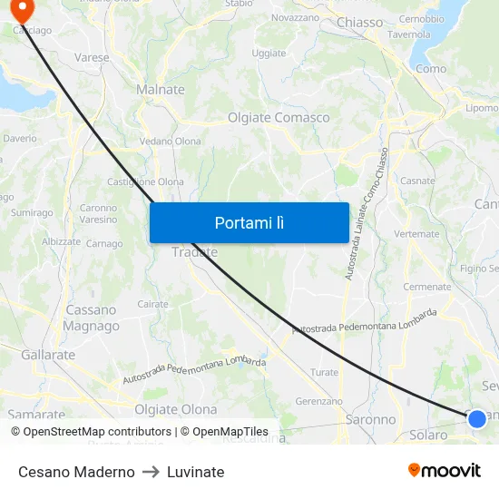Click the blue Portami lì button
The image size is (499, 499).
pos(249,222)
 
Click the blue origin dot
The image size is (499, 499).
pos(476,418)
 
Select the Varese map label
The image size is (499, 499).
pos(92,57)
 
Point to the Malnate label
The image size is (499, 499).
pos(160,89)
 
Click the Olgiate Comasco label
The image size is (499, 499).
pos(279,118)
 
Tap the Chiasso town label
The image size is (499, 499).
pos(359,22)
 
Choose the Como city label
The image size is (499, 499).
pos(430,68)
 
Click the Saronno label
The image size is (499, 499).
pos(370,420)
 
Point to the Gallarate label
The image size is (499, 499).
pos(48,355)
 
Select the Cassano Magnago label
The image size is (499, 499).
pos(92,318)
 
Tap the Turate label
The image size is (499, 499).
pos(324,372)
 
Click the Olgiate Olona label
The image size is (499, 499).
pos(175,409)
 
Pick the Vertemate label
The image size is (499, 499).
pos(416,233)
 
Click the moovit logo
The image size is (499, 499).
pos(444,471)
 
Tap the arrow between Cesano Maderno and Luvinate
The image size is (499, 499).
pos(151,472)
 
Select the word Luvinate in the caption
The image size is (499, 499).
pos(195,472)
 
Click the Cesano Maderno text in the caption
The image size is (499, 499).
pos(76,472)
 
